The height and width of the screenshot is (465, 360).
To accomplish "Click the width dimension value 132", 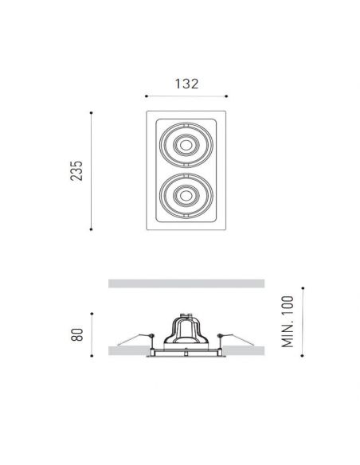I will pyautogui.click(x=185, y=82).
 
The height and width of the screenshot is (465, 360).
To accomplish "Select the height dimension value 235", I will pyautogui.click(x=76, y=170).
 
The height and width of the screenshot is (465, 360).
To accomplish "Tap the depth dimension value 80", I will pyautogui.click(x=76, y=334).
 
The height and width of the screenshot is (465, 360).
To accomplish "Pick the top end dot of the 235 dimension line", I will pyautogui.click(x=94, y=112).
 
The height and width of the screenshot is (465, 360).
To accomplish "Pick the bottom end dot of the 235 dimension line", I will pyautogui.click(x=94, y=229).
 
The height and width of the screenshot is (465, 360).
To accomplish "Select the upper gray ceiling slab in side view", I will pyautogui.click(x=185, y=283).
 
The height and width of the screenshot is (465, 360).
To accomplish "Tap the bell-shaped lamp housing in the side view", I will pyautogui.click(x=185, y=330).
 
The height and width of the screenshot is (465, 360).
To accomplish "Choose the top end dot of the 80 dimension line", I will pyautogui.click(x=94, y=314).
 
